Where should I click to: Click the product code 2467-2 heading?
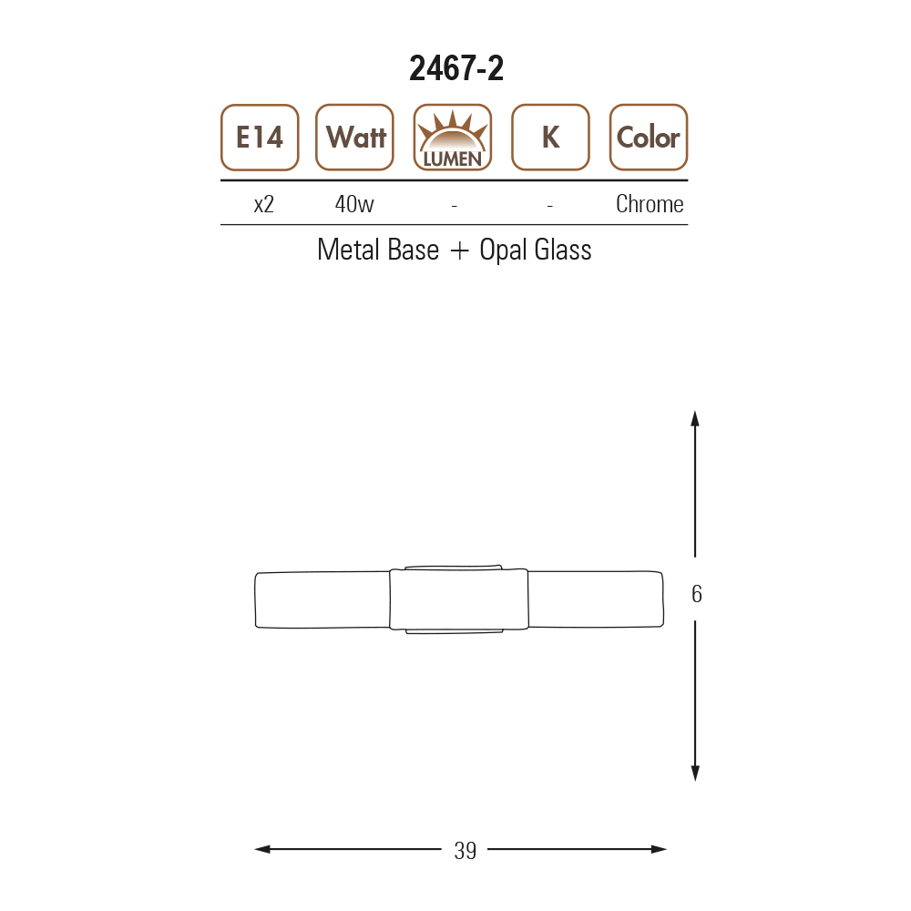(x=456, y=68)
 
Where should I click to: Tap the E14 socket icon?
(x=260, y=138)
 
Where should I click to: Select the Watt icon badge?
(x=354, y=138)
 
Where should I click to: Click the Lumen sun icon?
(x=453, y=138)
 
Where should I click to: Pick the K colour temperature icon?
(x=550, y=138)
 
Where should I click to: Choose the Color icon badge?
(x=649, y=138)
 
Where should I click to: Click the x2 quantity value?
(x=264, y=204)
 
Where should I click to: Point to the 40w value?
(x=354, y=204)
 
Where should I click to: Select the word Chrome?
(x=650, y=204)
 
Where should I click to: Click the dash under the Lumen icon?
(x=455, y=206)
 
